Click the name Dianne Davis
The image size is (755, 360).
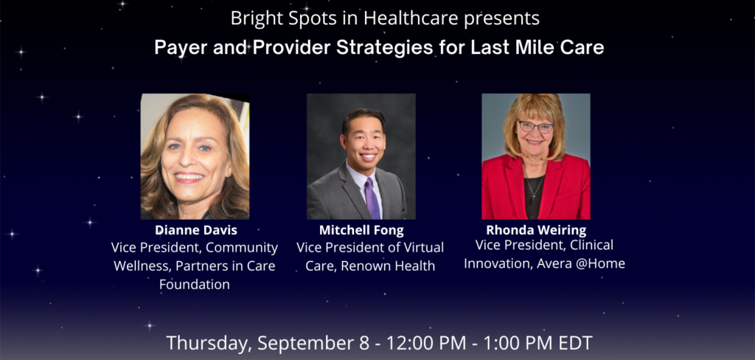(196, 230)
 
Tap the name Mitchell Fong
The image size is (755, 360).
(361, 230)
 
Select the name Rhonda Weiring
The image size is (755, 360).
(536, 230)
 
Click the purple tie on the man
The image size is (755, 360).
(372, 198)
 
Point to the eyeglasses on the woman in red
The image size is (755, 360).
(535, 127)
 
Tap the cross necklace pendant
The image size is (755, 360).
(535, 195)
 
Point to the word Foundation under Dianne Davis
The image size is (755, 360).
(195, 284)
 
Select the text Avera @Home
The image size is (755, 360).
(584, 263)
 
